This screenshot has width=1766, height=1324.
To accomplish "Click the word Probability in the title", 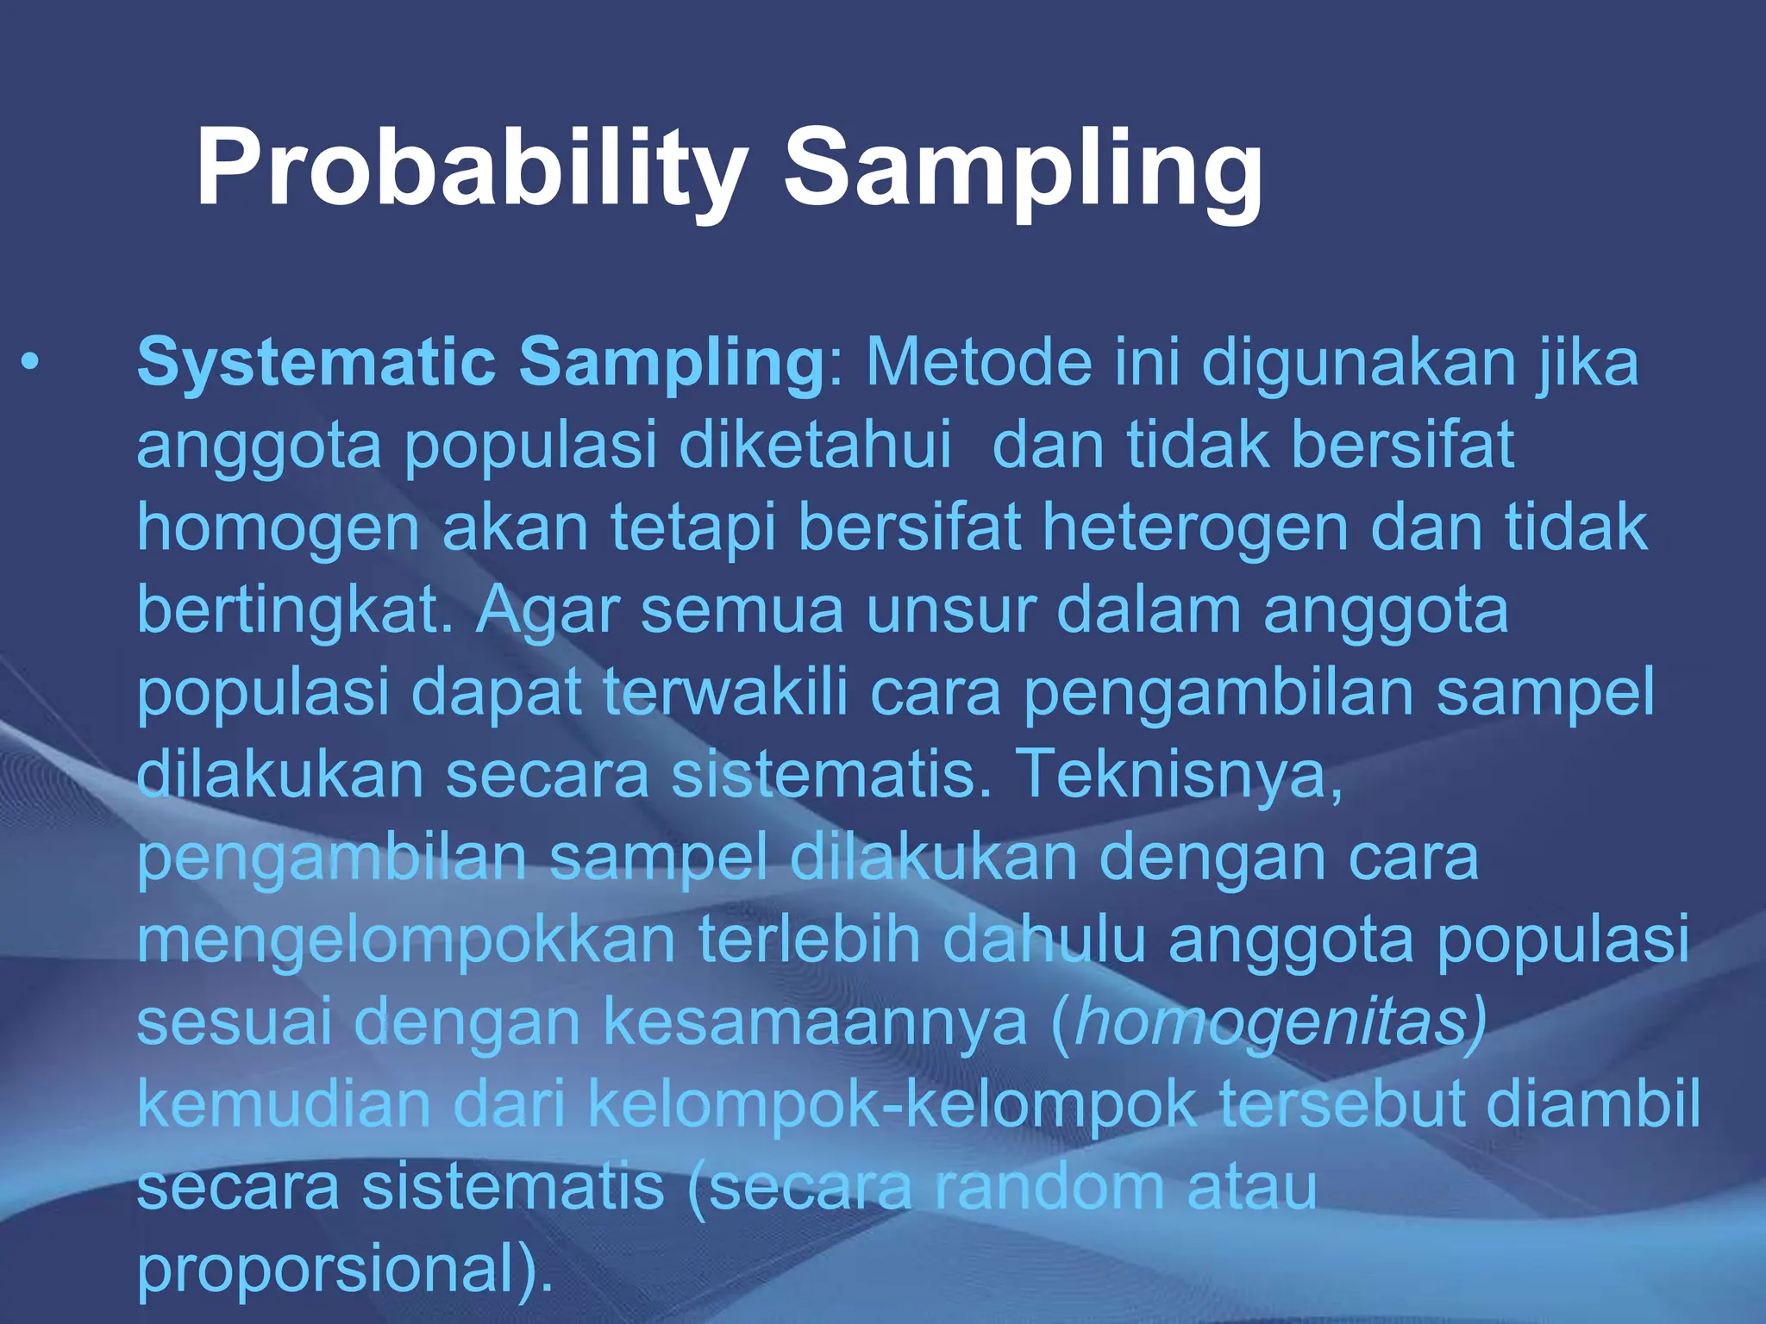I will (470, 168).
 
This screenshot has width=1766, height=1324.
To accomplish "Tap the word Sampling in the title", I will (1022, 168).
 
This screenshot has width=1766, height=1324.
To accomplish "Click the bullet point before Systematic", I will (31, 362).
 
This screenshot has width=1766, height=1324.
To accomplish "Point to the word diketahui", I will (815, 445).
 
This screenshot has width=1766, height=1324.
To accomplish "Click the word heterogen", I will (1194, 528).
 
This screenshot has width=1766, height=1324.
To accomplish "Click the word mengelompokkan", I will (405, 940).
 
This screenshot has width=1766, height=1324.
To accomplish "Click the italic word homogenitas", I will (1272, 1023).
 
